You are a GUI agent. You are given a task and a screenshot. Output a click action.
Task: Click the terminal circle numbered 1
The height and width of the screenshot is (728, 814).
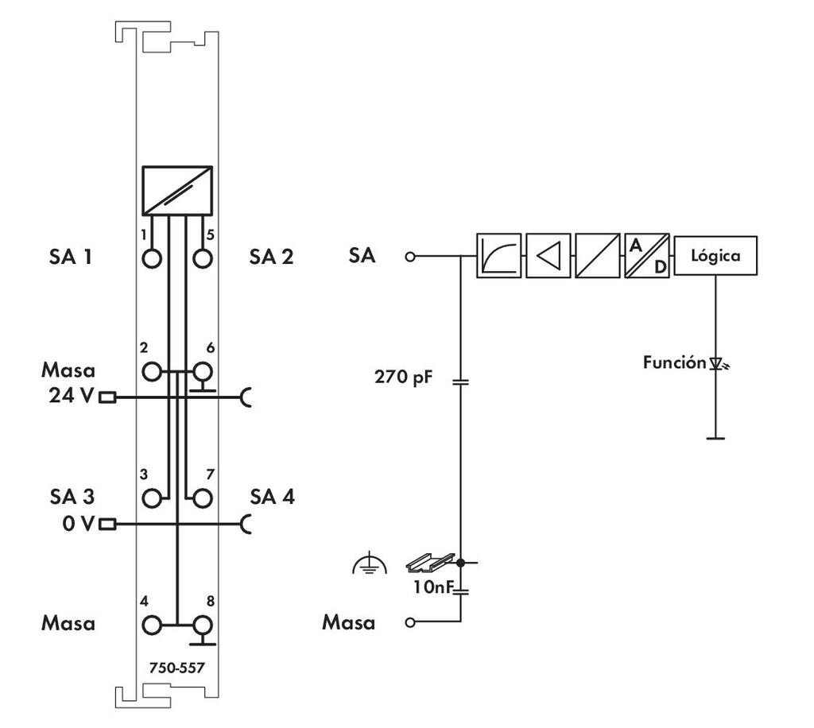(x=151, y=258)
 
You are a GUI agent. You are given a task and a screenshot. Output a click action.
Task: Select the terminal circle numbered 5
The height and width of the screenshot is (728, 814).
(x=203, y=258)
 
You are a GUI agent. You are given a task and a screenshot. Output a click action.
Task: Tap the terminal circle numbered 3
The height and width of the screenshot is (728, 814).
(x=151, y=498)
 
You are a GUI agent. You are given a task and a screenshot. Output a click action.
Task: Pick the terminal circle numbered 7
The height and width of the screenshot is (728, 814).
(x=203, y=498)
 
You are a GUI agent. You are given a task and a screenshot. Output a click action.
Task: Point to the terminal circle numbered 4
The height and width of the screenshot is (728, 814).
(x=151, y=624)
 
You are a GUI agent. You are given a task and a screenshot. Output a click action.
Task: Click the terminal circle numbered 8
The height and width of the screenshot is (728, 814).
(x=203, y=624)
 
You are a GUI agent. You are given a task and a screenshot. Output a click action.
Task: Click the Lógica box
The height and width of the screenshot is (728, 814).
(x=715, y=256)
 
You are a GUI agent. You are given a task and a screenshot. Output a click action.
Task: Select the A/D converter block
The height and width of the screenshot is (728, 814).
(x=647, y=256)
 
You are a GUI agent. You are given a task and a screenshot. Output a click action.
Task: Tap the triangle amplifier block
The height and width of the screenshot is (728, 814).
(x=548, y=256)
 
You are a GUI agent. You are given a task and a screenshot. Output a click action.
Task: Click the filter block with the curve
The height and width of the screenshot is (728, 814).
(x=498, y=256)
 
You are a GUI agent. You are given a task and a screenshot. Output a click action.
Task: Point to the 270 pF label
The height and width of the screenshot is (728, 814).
(x=404, y=377)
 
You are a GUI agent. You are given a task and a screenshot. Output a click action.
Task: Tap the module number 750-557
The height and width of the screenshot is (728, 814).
(x=176, y=668)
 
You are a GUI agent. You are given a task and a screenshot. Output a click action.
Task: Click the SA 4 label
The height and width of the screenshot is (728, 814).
(x=272, y=498)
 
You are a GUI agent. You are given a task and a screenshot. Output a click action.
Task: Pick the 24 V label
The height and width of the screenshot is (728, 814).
(x=70, y=396)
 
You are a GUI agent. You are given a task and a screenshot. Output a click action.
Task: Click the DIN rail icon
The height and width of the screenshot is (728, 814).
(x=429, y=563)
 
